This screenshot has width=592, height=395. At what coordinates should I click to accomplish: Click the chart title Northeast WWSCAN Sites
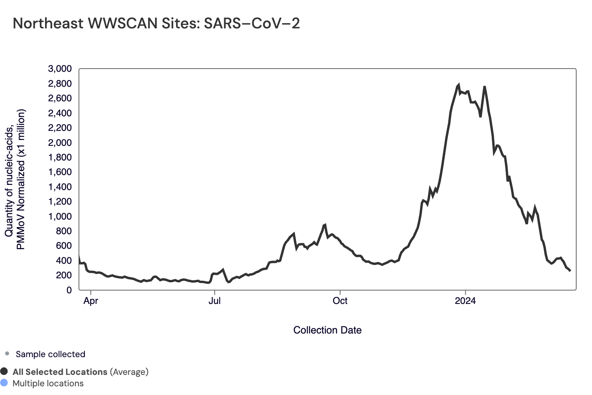(x=107, y=24)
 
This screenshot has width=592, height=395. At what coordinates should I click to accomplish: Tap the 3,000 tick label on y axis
(x=60, y=69)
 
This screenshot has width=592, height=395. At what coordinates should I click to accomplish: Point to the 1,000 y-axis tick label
(x=60, y=216)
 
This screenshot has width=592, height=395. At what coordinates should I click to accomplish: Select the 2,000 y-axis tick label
(x=60, y=143)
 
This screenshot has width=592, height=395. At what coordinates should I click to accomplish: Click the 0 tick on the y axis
(x=69, y=290)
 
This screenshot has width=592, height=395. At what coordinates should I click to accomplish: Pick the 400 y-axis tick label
(x=64, y=261)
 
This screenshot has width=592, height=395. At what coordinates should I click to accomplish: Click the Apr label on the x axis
(x=91, y=301)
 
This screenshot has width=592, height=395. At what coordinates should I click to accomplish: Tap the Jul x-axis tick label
(x=215, y=301)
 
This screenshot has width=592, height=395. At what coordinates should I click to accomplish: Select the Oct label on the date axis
(x=340, y=301)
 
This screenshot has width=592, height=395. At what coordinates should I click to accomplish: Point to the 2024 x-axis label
(x=465, y=301)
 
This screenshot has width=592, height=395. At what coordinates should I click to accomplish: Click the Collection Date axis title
(x=327, y=330)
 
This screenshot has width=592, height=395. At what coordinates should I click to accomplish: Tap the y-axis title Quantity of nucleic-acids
(x=9, y=179)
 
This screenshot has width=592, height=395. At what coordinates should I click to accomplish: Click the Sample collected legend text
(x=51, y=354)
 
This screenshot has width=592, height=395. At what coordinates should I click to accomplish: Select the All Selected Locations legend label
(x=60, y=372)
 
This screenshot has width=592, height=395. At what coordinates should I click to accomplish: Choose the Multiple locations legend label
(x=48, y=384)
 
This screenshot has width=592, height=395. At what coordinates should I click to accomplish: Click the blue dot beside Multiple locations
(x=4, y=383)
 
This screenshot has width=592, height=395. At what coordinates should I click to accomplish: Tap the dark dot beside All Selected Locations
(x=4, y=371)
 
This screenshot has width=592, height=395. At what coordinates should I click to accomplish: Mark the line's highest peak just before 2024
(x=458, y=85)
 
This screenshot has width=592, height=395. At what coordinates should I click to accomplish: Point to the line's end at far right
(x=570, y=270)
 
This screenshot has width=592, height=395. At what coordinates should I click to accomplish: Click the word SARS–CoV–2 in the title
(x=252, y=24)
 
